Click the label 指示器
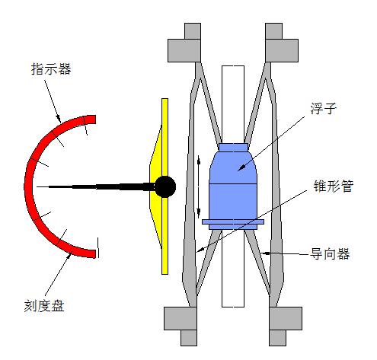(51, 69)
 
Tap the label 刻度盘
(44, 306)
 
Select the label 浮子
(323, 109)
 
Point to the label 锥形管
(334, 186)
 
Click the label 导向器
(330, 253)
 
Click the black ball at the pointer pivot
(165, 186)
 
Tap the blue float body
(233, 186)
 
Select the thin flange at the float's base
(233, 222)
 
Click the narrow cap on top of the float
(233, 148)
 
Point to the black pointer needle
(96, 187)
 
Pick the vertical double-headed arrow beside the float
(199, 187)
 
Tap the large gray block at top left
(184, 50)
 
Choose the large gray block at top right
(282, 50)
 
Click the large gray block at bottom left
(181, 318)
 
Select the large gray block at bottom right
(286, 318)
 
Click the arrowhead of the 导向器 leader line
(264, 253)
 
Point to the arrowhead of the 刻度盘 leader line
(69, 255)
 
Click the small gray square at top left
(193, 31)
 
